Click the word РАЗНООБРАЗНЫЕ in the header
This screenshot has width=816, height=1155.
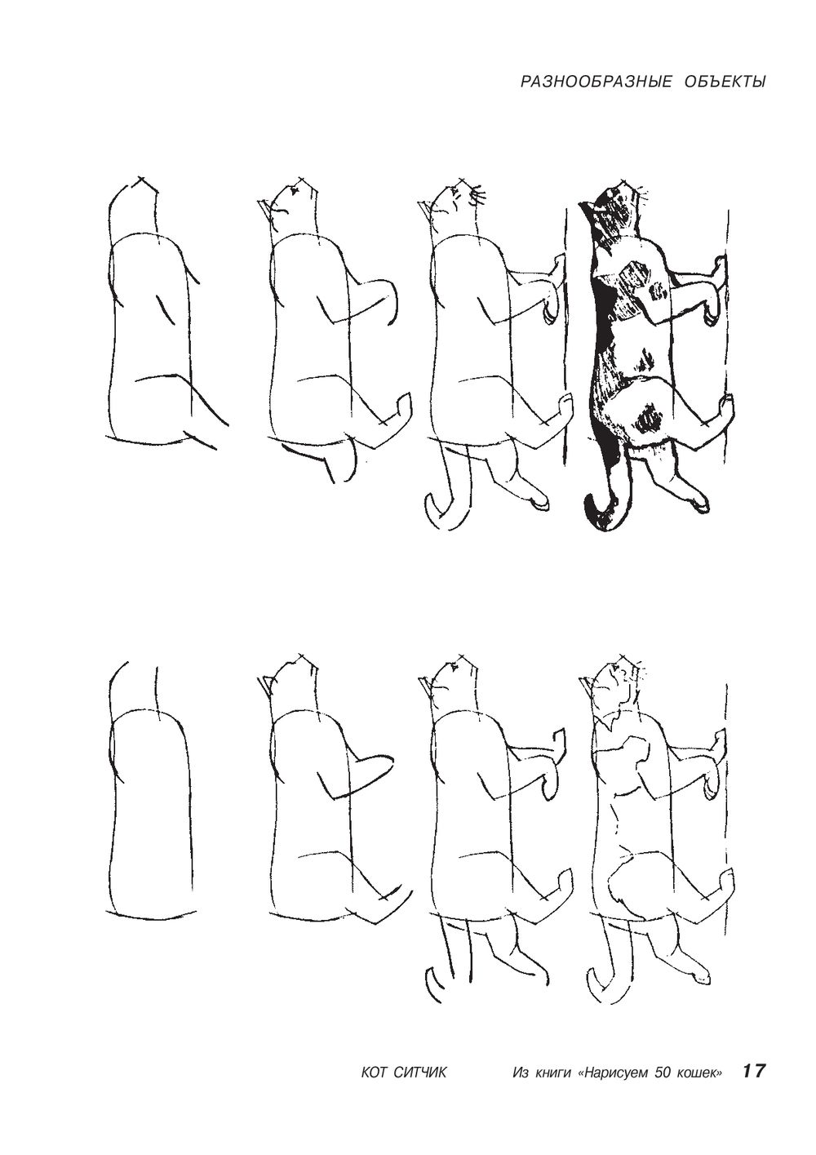[596, 82]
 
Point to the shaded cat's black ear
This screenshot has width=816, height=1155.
[588, 207]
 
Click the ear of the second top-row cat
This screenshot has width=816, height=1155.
[264, 208]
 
